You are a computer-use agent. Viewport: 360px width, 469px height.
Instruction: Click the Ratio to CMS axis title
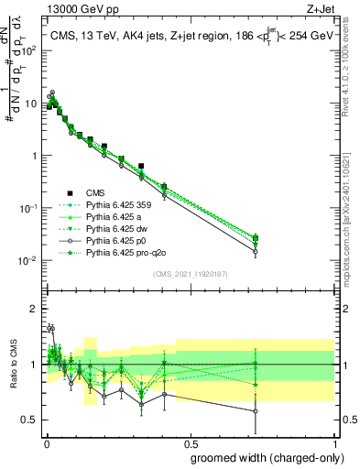(x=13, y=365)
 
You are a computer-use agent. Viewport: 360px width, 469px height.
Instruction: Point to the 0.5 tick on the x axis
(x=190, y=442)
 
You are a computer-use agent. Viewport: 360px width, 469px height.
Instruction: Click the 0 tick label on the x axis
(x=47, y=442)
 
